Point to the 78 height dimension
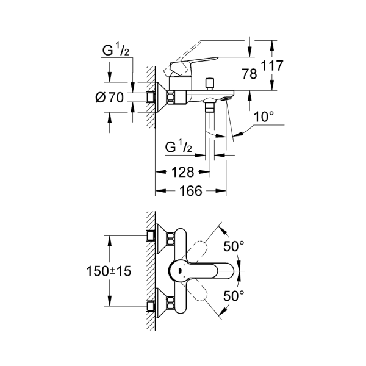(248, 74)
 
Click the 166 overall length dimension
(191, 192)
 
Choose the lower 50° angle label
(234, 295)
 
